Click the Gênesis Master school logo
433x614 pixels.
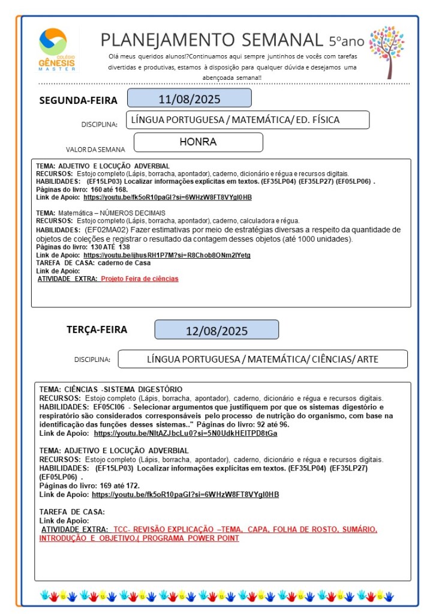point(57,50)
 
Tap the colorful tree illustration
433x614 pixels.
point(386,50)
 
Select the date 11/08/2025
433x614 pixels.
point(189,98)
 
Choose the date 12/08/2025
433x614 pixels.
point(217,330)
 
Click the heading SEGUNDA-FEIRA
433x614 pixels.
point(78,100)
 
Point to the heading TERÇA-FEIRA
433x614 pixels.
point(97,329)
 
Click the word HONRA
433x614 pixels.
point(198,142)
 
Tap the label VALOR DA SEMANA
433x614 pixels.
point(96,149)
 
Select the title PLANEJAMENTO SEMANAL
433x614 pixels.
point(212,40)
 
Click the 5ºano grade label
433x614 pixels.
point(346,41)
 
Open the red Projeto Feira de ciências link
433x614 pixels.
point(139,278)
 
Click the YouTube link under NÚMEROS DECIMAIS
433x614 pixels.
point(167,255)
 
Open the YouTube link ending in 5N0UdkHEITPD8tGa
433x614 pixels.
point(185,433)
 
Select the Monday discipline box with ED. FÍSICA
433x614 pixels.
point(247,120)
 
